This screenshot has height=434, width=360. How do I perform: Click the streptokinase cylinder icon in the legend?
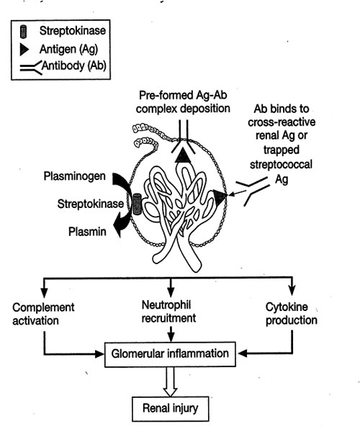[x=23, y=32]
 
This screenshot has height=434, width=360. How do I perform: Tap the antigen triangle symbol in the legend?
[x=24, y=50]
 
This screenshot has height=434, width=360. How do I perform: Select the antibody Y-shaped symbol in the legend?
[x=31, y=68]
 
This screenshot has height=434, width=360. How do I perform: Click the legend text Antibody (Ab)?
[x=74, y=66]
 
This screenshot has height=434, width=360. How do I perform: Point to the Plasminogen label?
[x=74, y=176]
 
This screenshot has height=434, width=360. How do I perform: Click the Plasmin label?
[x=87, y=231]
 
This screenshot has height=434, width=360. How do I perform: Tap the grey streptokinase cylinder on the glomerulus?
[x=137, y=204]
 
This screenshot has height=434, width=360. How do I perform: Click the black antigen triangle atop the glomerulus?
[x=183, y=155]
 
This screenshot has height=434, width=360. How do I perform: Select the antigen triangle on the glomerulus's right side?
[x=220, y=197]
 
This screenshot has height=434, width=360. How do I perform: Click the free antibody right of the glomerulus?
[x=253, y=191]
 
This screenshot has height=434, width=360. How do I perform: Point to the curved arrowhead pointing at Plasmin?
[x=119, y=227]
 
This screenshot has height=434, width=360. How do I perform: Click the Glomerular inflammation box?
[x=170, y=354]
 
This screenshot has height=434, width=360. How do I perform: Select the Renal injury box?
[x=171, y=409]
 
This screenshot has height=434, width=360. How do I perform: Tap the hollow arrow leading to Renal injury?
[x=170, y=381]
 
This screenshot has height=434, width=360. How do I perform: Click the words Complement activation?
[x=43, y=314]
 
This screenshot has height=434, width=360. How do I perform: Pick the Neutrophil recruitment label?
[x=168, y=312]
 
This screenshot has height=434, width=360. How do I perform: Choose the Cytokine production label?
[x=292, y=313]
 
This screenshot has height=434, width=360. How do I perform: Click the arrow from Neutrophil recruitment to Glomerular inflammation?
[x=171, y=334]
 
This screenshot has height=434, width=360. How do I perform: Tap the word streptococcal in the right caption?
[x=281, y=164]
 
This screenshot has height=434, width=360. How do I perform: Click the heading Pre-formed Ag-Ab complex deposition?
[x=183, y=101]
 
